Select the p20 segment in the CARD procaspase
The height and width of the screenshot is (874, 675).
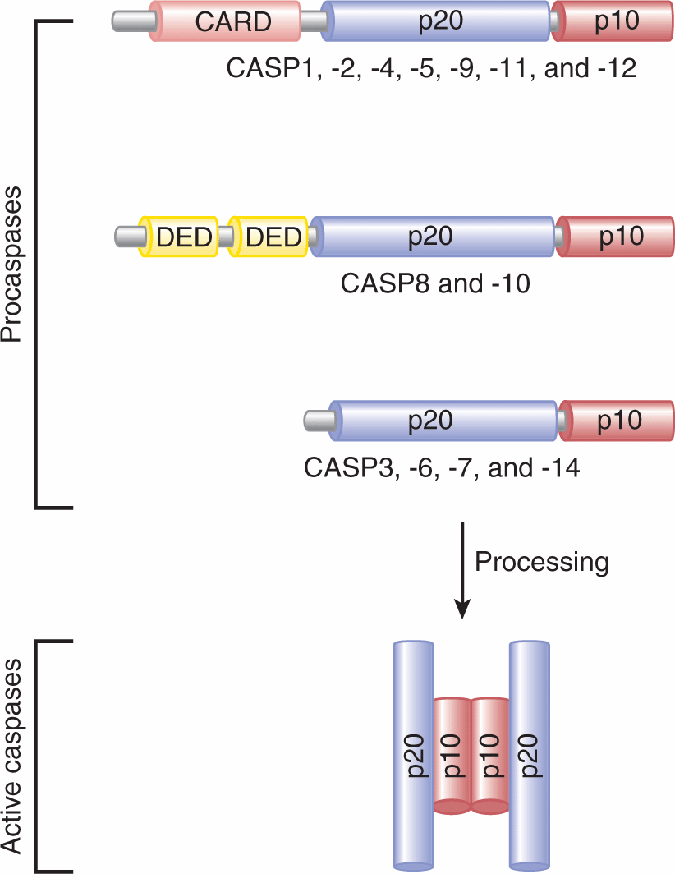tap(435, 21)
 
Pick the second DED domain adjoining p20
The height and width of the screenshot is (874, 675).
tap(269, 237)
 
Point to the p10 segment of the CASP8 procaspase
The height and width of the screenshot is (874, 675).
tap(615, 237)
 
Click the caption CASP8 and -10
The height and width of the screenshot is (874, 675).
tap(434, 284)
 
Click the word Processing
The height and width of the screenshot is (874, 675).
tap(542, 562)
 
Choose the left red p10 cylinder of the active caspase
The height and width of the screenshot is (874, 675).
tap(451, 756)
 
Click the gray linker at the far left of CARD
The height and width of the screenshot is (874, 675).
tap(131, 21)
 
